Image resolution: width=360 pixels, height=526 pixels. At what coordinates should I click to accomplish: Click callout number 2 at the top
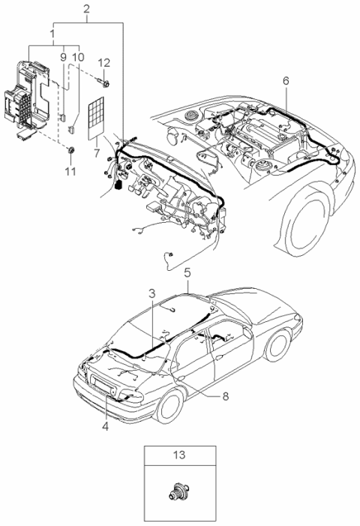click(x=86, y=9)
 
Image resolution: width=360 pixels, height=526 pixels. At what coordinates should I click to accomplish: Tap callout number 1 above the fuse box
click(x=52, y=34)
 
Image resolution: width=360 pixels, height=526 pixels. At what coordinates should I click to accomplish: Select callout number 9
click(x=63, y=57)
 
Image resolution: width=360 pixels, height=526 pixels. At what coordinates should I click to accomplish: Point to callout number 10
click(x=78, y=57)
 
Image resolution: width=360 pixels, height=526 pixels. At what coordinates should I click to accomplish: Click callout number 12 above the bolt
click(x=104, y=63)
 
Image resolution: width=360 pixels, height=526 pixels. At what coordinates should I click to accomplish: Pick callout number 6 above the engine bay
click(x=286, y=81)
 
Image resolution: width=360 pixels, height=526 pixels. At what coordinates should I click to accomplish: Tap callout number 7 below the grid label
click(x=97, y=153)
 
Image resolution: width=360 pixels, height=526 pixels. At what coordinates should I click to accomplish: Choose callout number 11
click(x=70, y=171)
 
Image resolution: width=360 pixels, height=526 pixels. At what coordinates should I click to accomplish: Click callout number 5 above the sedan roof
click(x=187, y=272)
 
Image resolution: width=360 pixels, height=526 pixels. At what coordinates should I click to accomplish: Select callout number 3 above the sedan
click(x=151, y=293)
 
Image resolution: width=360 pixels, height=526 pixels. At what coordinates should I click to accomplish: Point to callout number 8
click(x=225, y=396)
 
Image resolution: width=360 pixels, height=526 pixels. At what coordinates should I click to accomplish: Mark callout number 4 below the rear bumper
click(x=106, y=426)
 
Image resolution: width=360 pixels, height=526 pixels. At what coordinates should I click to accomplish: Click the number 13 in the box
click(x=179, y=455)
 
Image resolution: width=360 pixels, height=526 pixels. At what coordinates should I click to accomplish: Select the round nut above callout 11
click(x=71, y=151)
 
